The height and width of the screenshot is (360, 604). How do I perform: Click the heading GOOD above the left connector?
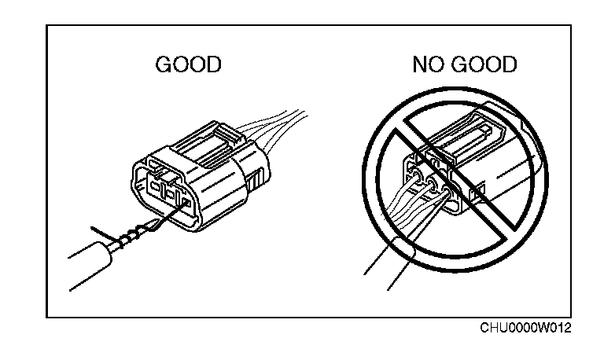tap(189, 64)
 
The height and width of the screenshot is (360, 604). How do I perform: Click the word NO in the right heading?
tap(428, 64)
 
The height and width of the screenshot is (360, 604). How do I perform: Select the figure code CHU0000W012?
tap(526, 327)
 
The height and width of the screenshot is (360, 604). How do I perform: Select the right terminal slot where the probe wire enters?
tap(186, 204)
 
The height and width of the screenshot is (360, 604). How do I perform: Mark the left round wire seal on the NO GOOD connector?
tap(412, 177)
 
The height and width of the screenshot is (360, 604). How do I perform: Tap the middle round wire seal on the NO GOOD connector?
tap(431, 187)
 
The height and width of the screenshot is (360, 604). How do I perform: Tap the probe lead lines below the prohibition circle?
tap(393, 267)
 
